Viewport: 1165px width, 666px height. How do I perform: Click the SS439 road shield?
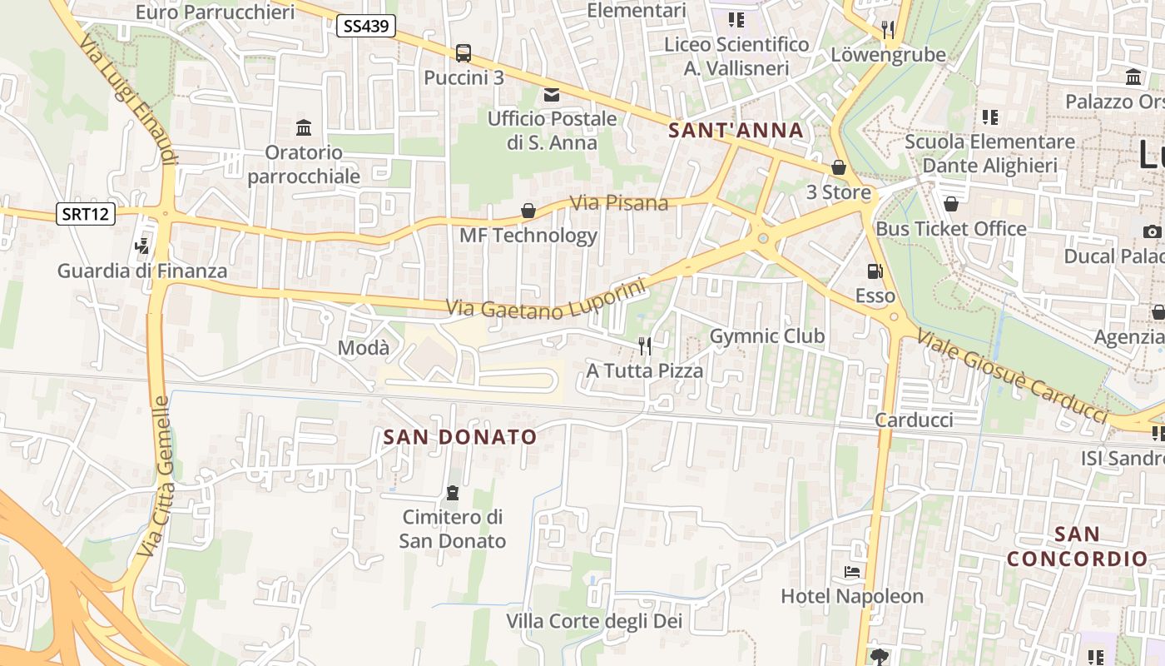coord(366,26)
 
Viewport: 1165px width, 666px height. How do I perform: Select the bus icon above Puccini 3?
coord(464,53)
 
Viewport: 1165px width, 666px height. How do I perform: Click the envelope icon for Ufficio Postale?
coord(552,95)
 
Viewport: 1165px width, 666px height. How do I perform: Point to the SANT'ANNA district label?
coord(736,131)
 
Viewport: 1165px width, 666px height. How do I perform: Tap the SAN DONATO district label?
coord(460,437)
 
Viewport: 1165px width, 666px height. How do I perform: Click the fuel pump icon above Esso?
coord(875,271)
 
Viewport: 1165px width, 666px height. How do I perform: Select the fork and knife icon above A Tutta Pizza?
coord(645,345)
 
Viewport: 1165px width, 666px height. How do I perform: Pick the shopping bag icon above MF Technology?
coord(528,211)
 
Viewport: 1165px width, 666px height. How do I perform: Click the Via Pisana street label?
coord(619,202)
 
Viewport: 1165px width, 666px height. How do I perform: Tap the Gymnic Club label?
coord(766,336)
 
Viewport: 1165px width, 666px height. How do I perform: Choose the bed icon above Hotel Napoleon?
coord(852,572)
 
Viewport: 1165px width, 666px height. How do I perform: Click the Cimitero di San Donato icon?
coord(453,493)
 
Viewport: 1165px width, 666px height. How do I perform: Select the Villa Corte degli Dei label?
coord(594,621)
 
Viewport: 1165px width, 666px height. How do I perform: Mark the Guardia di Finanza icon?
coord(142,246)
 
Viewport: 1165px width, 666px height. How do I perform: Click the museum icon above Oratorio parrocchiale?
coord(304,128)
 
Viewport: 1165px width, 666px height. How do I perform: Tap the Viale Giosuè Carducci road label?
coord(1013,376)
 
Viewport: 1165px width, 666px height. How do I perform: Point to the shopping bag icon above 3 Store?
coord(839,167)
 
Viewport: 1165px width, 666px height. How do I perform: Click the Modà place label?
coord(364,348)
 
